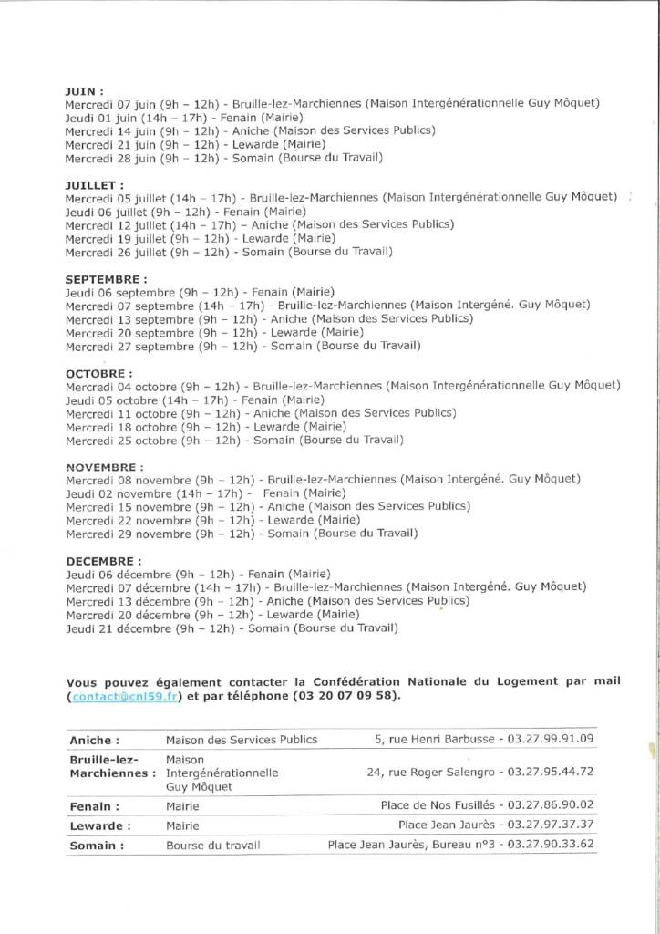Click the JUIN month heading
(x=84, y=91)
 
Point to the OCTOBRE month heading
(x=98, y=373)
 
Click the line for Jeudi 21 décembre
(x=232, y=628)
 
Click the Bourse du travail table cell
(x=212, y=846)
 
